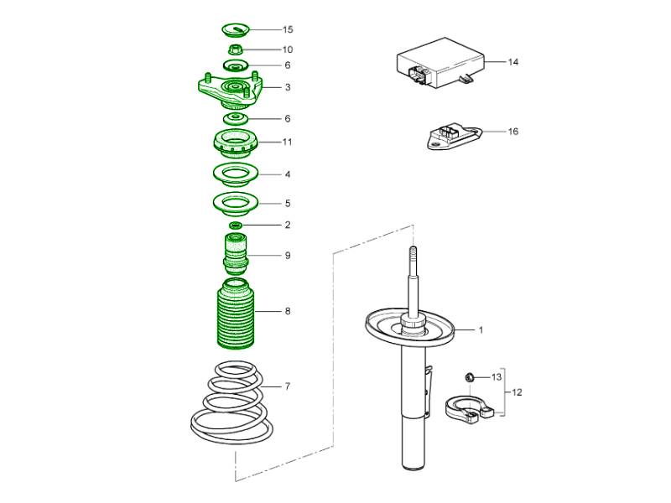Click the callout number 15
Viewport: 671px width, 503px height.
point(288,29)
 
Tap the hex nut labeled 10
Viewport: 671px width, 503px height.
point(236,49)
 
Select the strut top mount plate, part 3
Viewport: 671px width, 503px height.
point(229,91)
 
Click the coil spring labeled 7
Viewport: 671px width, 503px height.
point(231,403)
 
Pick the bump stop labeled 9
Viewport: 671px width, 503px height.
point(236,254)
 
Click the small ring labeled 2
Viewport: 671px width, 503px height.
point(236,225)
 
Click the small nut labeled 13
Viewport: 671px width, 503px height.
point(470,377)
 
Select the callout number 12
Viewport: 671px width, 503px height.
point(517,392)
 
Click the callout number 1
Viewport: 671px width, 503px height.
point(481,330)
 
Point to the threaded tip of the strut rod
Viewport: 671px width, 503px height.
point(413,251)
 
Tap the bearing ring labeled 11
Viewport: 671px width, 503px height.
point(236,143)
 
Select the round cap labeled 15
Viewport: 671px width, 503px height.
point(236,30)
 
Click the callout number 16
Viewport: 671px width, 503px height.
point(513,132)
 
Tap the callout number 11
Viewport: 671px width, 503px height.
point(288,142)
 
